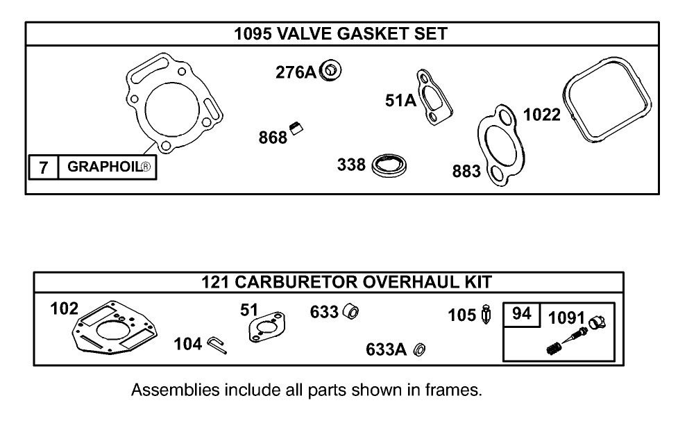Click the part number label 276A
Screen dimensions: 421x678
pyautogui.click(x=296, y=72)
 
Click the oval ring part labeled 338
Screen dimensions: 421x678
pyautogui.click(x=390, y=167)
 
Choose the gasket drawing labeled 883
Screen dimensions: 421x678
pyautogui.click(x=499, y=147)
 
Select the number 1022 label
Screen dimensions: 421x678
pyautogui.click(x=541, y=115)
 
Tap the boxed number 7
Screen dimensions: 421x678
pyautogui.click(x=43, y=167)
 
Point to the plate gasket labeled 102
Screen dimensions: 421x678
pyautogui.click(x=115, y=330)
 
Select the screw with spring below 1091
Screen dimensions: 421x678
pyautogui.click(x=563, y=344)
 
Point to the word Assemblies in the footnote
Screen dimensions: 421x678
pyautogui.click(x=175, y=390)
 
